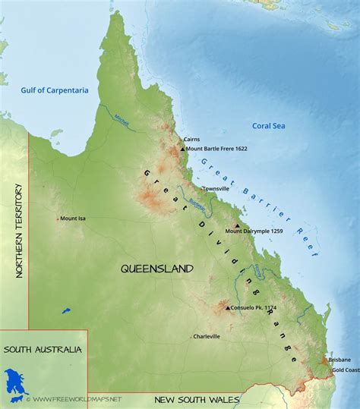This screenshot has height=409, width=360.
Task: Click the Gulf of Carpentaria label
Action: click(54, 90)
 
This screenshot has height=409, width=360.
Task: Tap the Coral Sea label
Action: click(270, 127)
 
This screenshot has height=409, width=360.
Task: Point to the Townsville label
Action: click(216, 188)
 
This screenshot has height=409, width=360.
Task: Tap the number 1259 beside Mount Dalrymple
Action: click(277, 231)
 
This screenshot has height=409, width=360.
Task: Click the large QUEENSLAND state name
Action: click(157, 269)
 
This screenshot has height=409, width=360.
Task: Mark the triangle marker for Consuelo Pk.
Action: click(227, 308)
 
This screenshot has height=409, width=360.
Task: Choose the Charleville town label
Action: click(207, 336)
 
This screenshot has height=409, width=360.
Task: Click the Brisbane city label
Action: click(339, 359)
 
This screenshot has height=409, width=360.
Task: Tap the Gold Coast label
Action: click(346, 370)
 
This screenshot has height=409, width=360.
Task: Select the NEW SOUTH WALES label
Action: click(197, 399)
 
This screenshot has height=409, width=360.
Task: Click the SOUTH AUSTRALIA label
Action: click(42, 350)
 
